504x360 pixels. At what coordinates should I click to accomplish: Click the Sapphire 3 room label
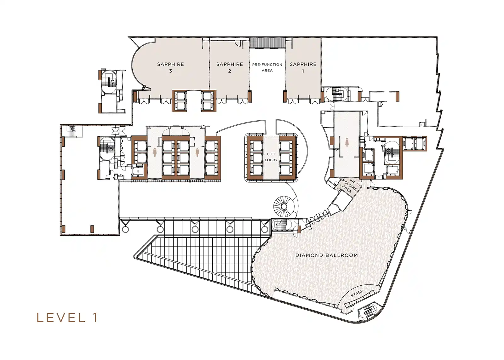[x=170, y=67]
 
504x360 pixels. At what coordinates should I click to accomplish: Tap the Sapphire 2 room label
[x=230, y=67]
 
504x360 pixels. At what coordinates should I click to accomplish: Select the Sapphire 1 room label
[x=303, y=67]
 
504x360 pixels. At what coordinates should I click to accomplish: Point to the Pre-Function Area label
[x=267, y=67]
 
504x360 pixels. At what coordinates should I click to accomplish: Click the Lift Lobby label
[x=271, y=157]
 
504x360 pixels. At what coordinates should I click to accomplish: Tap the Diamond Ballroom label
[x=326, y=255]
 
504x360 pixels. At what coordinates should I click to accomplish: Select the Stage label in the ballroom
[x=357, y=294]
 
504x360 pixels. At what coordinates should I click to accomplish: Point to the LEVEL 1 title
[x=67, y=318]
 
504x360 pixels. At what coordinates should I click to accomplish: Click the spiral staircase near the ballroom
[x=283, y=206]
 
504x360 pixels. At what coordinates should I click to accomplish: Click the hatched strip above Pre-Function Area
[x=267, y=43]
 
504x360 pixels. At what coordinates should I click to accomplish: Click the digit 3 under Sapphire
[x=170, y=71]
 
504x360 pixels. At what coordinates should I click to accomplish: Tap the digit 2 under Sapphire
[x=230, y=71]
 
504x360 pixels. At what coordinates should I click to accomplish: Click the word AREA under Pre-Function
[x=267, y=71]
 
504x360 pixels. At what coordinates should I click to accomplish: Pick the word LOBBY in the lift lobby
[x=271, y=160]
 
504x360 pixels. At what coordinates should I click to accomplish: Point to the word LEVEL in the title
[x=61, y=318]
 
